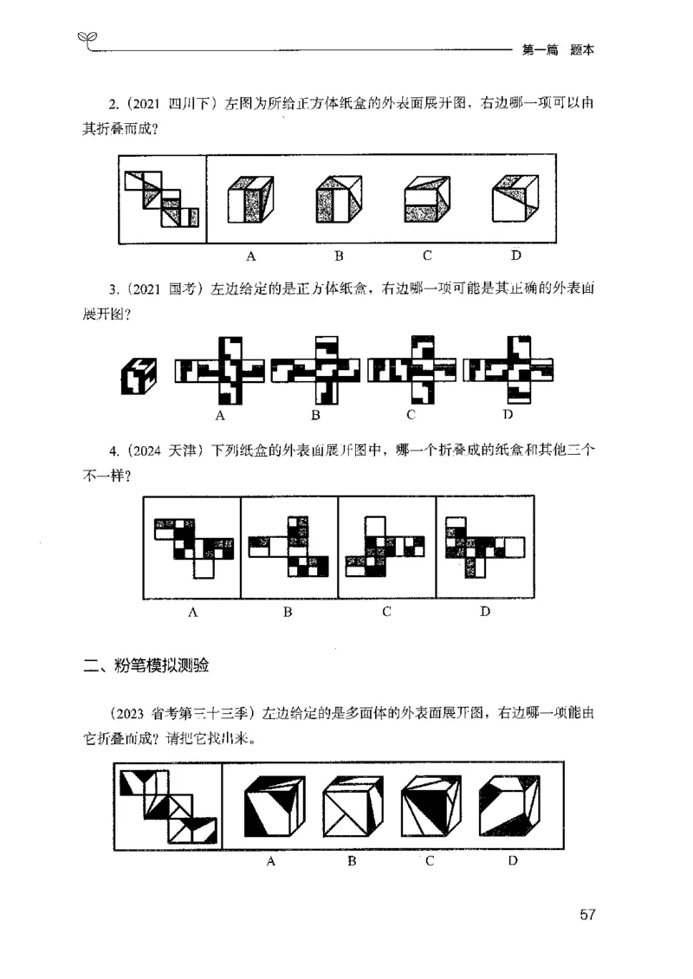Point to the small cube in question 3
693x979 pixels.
click(x=139, y=374)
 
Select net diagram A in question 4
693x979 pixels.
click(x=193, y=547)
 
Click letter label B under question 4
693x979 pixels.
click(x=288, y=613)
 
